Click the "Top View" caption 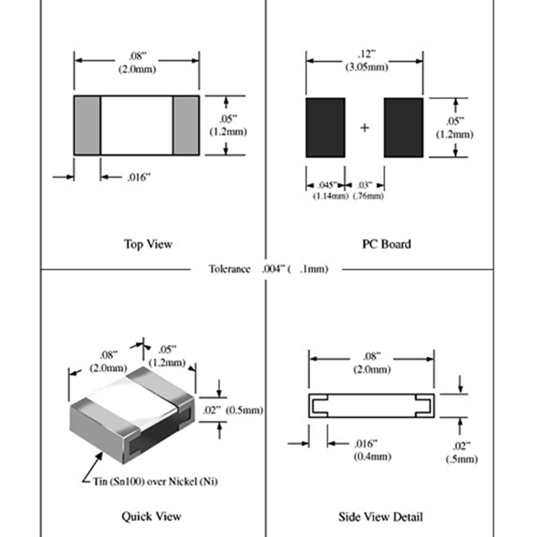tap(148, 244)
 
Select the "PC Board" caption tap(386, 244)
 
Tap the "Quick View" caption tap(151, 516)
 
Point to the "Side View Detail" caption tap(381, 517)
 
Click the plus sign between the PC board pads tap(364, 127)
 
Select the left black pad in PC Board tap(325, 127)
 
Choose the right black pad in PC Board tap(403, 127)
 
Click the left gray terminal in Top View tap(87, 125)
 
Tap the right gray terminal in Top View tap(186, 125)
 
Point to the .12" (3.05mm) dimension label tap(366, 61)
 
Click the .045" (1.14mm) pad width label tap(330, 190)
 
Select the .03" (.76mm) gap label tap(368, 190)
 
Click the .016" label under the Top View tap(139, 177)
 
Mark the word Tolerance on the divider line tap(229, 269)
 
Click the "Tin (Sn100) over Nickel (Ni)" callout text tap(155, 482)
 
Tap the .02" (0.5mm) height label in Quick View tap(233, 410)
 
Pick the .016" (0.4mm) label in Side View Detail tap(372, 450)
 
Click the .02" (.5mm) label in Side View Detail tap(461, 453)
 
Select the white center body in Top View tap(137, 125)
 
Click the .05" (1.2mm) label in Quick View tap(167, 356)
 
